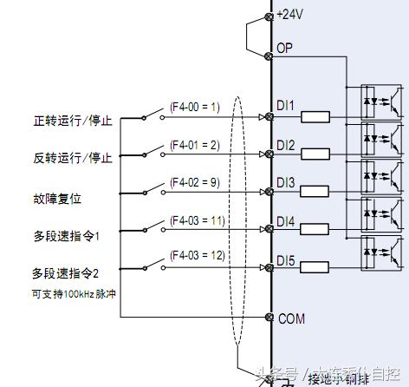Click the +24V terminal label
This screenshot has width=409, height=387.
click(x=291, y=14)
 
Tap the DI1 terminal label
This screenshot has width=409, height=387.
click(x=286, y=107)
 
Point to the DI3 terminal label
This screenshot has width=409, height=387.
click(x=286, y=183)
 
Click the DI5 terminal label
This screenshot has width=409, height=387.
click(x=286, y=259)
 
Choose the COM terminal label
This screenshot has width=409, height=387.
click(x=291, y=319)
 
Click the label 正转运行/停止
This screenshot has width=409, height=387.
click(x=73, y=120)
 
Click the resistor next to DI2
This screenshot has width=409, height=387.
click(x=315, y=154)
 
